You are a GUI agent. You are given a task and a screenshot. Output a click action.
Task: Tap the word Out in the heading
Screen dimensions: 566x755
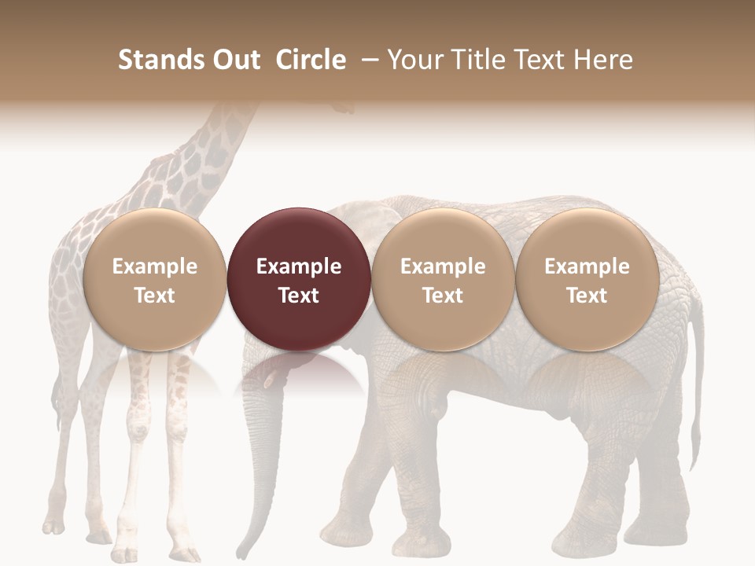(x=234, y=60)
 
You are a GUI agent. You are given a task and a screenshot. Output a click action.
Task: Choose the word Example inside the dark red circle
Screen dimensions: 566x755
(x=299, y=266)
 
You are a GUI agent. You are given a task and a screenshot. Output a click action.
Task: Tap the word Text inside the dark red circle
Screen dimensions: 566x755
(x=299, y=296)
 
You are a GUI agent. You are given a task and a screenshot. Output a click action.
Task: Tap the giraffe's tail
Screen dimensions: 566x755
(x=57, y=393)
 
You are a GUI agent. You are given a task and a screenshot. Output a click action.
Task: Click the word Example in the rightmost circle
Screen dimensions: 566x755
(x=587, y=266)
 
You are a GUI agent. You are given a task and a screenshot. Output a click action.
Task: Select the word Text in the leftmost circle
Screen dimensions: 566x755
(x=154, y=296)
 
